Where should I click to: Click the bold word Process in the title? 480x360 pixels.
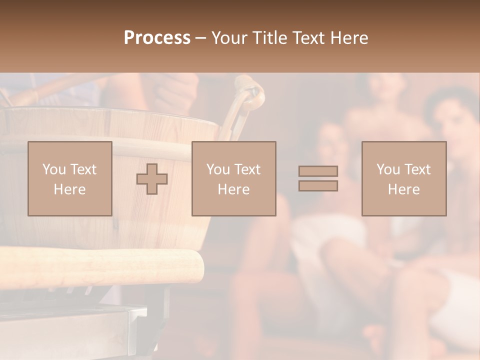[157, 38]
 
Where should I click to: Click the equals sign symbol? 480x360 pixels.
[318, 178]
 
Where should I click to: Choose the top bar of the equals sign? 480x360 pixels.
[318, 171]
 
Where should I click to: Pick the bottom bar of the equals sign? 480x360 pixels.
[318, 186]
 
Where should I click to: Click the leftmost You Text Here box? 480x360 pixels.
[70, 178]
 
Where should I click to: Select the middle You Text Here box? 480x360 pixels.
[233, 178]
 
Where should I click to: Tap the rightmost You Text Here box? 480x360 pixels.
[403, 178]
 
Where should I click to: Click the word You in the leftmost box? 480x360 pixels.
[53, 169]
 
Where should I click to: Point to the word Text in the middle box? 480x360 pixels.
[247, 169]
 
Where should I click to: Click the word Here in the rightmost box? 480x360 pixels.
[403, 189]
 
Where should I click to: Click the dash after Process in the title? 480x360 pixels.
[201, 38]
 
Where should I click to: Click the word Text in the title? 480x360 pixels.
[307, 38]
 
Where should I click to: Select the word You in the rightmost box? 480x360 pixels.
[387, 169]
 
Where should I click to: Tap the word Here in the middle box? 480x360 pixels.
[233, 189]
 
